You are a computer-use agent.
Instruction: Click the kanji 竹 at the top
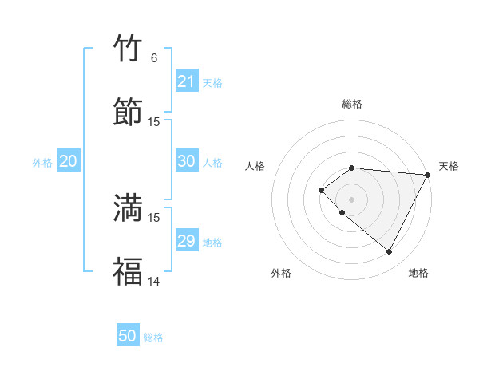[x=128, y=49]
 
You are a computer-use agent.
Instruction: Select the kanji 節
[x=128, y=112]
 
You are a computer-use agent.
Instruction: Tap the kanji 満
[x=128, y=207]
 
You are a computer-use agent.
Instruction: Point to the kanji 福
[x=128, y=271]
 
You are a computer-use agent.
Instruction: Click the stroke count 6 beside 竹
[x=153, y=58]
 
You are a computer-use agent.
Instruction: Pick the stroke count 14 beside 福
[x=153, y=281]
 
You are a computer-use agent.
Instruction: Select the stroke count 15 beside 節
[x=154, y=121]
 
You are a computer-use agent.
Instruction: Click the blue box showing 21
[x=186, y=81]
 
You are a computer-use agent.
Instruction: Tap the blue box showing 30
[x=186, y=161]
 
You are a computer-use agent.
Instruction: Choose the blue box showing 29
[x=186, y=241]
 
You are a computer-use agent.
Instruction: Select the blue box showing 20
[x=68, y=161]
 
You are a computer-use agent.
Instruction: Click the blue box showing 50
[x=128, y=336]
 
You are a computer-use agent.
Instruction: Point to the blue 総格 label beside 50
[x=153, y=337]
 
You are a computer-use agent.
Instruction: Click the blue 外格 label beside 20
[x=42, y=163]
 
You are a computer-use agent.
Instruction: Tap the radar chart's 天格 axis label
[x=449, y=166]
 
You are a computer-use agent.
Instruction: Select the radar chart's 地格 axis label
[x=418, y=273]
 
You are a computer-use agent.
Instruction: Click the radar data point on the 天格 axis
[x=427, y=174]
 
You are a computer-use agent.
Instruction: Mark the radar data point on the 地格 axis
[x=390, y=252]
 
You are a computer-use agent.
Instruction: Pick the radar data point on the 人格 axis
[x=321, y=190]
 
